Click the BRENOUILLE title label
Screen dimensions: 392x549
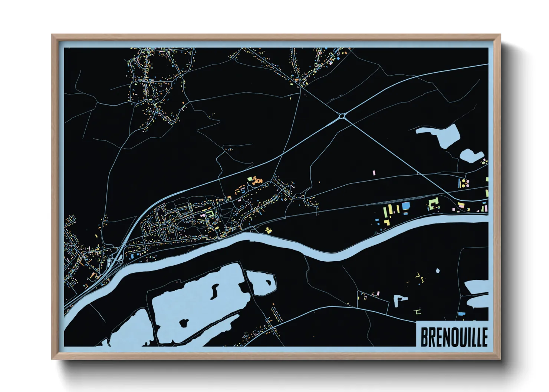click(453, 336)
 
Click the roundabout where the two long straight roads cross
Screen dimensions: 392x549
click(342, 116)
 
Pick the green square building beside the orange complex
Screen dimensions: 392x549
click(249, 178)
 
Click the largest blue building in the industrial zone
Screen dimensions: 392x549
click(405, 206)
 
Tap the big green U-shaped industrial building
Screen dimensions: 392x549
click(433, 204)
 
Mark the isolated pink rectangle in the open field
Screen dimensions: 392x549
click(374, 173)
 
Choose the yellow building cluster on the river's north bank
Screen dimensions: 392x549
click(268, 230)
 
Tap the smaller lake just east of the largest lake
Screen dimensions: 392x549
click(262, 282)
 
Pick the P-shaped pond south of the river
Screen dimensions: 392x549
click(399, 300)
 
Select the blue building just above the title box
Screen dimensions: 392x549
click(461, 314)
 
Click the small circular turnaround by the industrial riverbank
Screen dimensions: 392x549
click(376, 233)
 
